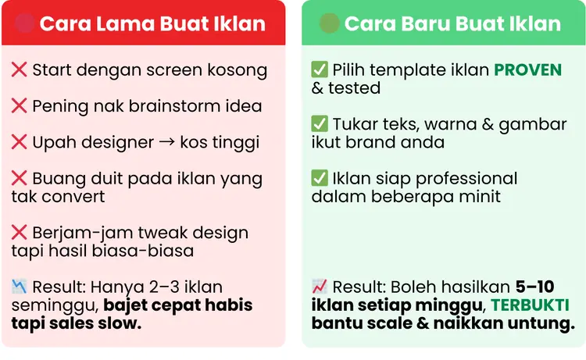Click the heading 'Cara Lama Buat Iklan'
click(152, 23)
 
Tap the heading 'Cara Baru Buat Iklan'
click(452, 23)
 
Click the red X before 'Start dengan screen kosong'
click(20, 70)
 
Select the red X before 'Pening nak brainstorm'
click(20, 106)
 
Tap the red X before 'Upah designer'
click(20, 143)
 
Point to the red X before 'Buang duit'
click(20, 179)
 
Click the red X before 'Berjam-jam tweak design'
click(20, 233)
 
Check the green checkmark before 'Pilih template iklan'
click(320, 70)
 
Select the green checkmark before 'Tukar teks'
click(320, 124)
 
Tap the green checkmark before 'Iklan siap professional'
click(320, 179)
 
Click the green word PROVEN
click(527, 70)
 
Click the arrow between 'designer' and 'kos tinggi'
click(166, 143)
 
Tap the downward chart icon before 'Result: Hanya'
click(19, 287)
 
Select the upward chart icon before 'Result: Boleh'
click(319, 287)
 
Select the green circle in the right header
click(330, 23)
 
